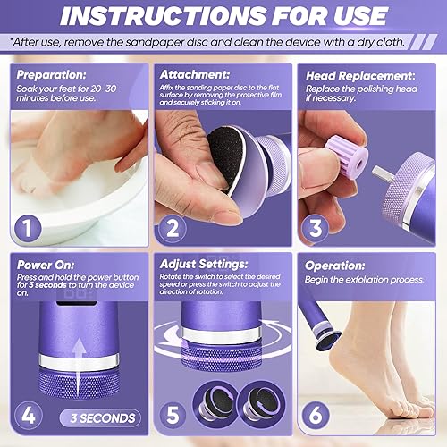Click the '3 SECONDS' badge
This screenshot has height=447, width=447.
[99, 417]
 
